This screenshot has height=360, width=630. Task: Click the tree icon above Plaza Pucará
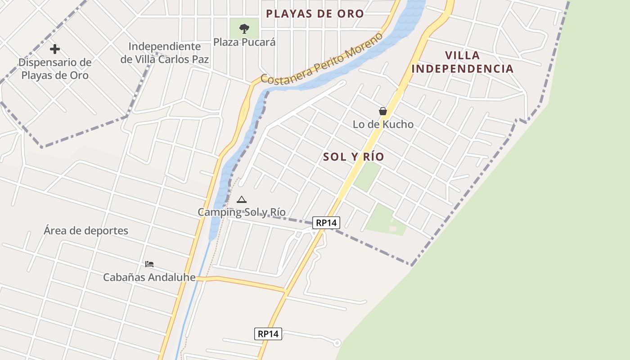(x=244, y=29)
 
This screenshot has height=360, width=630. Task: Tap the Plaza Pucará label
(x=244, y=42)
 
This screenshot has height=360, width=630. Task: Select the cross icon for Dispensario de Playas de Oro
(x=55, y=49)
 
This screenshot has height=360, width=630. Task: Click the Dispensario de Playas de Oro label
(x=55, y=69)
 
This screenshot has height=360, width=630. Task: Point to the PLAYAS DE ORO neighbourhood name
(x=315, y=13)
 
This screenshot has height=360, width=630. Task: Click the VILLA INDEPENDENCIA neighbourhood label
(x=463, y=62)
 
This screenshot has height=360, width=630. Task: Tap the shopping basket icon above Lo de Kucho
(x=383, y=111)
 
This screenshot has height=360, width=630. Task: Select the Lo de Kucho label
(x=383, y=125)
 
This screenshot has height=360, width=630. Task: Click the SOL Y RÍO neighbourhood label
(x=354, y=157)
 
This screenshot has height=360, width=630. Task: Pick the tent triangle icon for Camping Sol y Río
(x=242, y=199)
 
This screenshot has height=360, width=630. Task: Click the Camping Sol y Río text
(x=242, y=212)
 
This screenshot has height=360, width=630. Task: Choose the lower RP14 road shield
(x=268, y=334)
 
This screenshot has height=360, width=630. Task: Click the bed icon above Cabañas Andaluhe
(x=149, y=264)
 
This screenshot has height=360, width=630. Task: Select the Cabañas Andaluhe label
(x=149, y=277)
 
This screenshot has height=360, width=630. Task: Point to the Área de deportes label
(x=86, y=231)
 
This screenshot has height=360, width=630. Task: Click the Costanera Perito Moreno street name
(x=321, y=59)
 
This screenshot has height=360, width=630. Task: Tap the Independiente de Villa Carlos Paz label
(x=165, y=53)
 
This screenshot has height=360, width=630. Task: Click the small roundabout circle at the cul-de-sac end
(x=337, y=343)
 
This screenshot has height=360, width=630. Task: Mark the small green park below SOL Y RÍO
(x=367, y=176)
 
